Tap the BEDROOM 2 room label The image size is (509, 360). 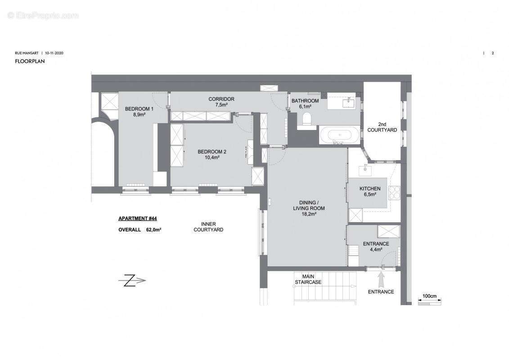pyautogui.click(x=212, y=152)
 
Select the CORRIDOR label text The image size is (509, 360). pyautogui.click(x=221, y=99)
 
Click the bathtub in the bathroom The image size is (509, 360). pyautogui.click(x=339, y=135)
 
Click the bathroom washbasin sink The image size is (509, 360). pyautogui.click(x=348, y=103)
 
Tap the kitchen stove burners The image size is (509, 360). pyautogui.click(x=395, y=192)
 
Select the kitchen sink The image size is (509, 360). pyautogui.click(x=364, y=171)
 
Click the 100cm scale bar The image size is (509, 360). pyautogui.click(x=430, y=302)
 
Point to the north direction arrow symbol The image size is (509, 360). pyautogui.click(x=132, y=281)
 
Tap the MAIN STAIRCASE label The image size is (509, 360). pyautogui.click(x=308, y=279)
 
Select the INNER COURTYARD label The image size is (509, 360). pyautogui.click(x=208, y=227)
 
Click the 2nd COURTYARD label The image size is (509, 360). pyautogui.click(x=382, y=127)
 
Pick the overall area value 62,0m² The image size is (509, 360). pyautogui.click(x=154, y=229)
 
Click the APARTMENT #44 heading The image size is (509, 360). pyautogui.click(x=137, y=219)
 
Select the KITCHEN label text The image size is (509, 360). pyautogui.click(x=370, y=189)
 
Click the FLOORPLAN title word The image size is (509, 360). pyautogui.click(x=30, y=61)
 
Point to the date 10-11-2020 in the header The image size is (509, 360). pyautogui.click(x=54, y=53)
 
